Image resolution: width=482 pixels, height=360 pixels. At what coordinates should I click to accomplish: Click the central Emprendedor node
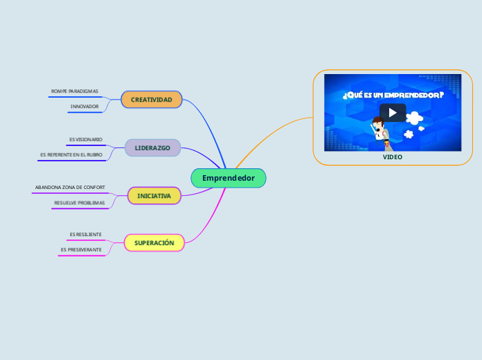click(x=228, y=178)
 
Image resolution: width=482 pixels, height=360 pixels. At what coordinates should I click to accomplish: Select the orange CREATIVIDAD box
click(x=151, y=100)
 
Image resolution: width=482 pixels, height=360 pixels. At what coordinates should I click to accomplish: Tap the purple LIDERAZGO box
click(x=152, y=147)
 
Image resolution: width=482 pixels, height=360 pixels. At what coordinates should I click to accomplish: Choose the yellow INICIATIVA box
click(x=154, y=196)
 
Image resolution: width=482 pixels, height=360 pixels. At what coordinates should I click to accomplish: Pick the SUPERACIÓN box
click(x=154, y=243)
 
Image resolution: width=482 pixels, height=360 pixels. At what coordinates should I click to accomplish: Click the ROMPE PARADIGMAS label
click(x=75, y=91)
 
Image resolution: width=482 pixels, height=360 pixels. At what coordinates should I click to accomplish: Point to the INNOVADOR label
click(x=84, y=106)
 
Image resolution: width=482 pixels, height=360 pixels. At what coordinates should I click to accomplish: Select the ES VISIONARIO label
click(x=86, y=139)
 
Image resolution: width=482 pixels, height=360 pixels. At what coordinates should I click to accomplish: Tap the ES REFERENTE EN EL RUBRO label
click(x=71, y=154)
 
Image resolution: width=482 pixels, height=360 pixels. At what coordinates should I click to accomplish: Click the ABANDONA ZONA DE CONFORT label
click(x=70, y=187)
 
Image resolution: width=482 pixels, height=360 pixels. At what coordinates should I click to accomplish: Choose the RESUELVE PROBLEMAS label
click(x=80, y=203)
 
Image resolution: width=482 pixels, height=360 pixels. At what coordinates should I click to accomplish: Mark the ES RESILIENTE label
click(x=86, y=235)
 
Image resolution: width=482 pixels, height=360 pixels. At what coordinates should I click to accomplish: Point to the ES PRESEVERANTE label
click(x=81, y=249)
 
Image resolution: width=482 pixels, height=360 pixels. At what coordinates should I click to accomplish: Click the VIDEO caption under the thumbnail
click(x=392, y=157)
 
